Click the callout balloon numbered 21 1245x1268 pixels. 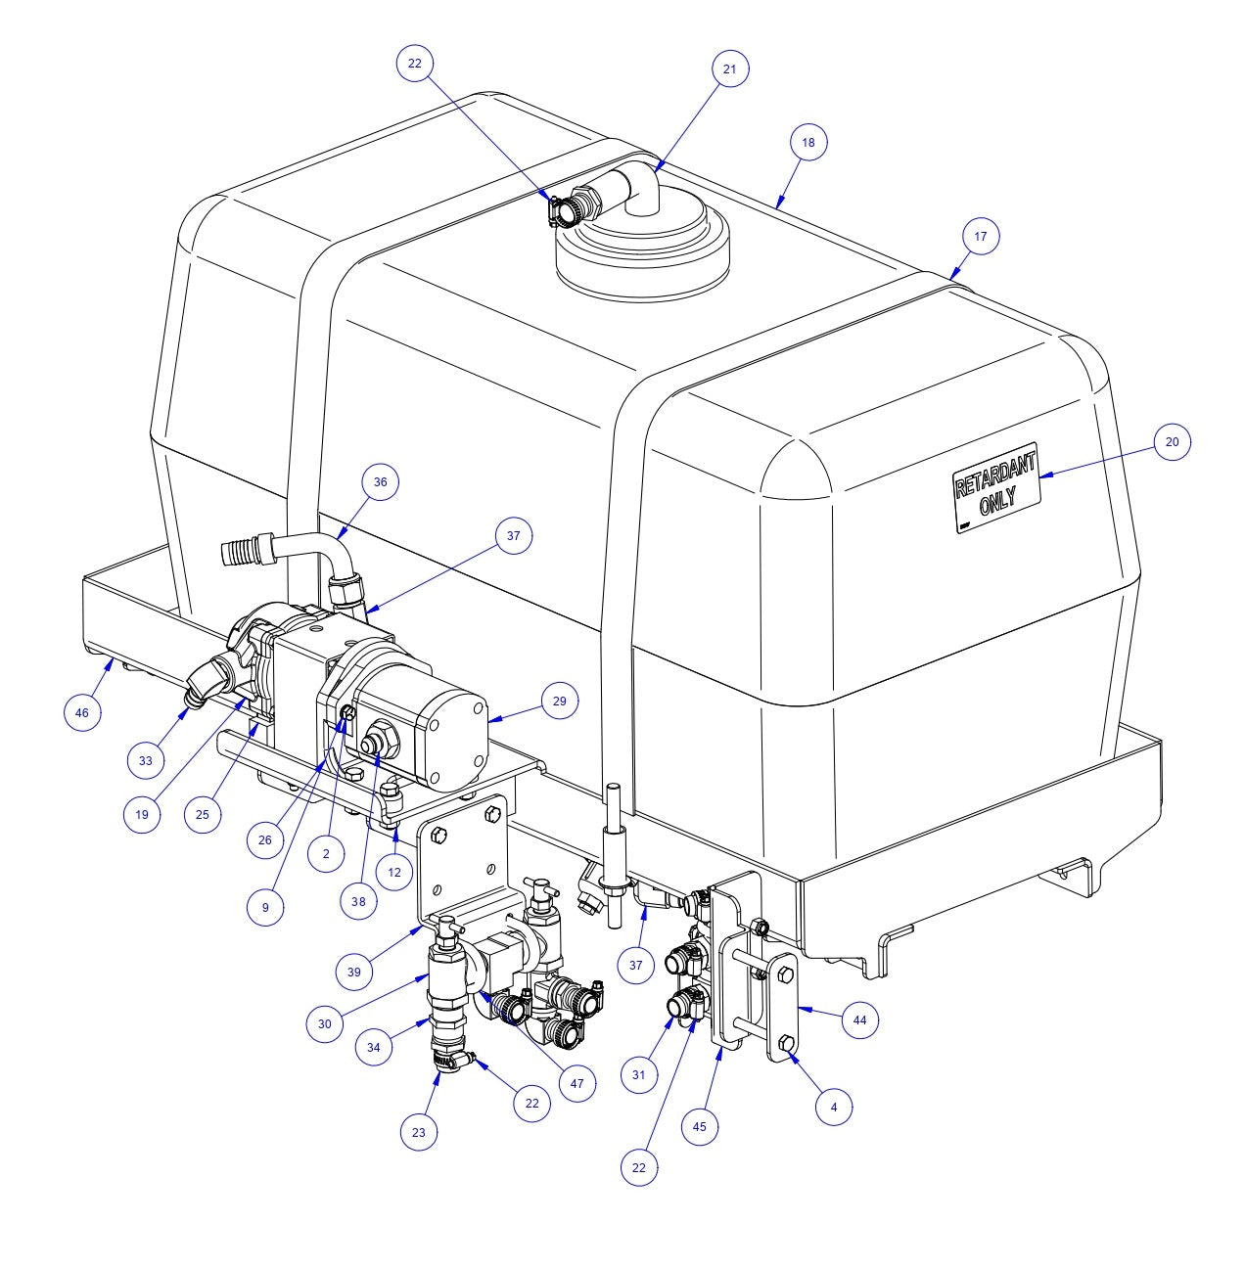pyautogui.click(x=729, y=68)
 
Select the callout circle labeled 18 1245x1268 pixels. pyautogui.click(x=807, y=143)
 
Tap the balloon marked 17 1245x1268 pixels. pyautogui.click(x=981, y=236)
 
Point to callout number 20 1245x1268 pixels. pyautogui.click(x=1172, y=441)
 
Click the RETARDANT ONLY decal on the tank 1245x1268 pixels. pyautogui.click(x=995, y=487)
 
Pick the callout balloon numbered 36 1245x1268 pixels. pyautogui.click(x=381, y=482)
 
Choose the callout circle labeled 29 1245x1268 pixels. pyautogui.click(x=559, y=701)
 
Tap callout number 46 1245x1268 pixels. pyautogui.click(x=82, y=712)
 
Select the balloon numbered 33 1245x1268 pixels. pyautogui.click(x=146, y=760)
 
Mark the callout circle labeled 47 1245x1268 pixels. pyautogui.click(x=576, y=1083)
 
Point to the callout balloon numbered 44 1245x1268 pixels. pyautogui.click(x=859, y=1020)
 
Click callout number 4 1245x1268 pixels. pyautogui.click(x=834, y=1108)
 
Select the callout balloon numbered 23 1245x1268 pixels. pyautogui.click(x=419, y=1132)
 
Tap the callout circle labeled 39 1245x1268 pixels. pyautogui.click(x=354, y=972)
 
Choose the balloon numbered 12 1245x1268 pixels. pyautogui.click(x=394, y=871)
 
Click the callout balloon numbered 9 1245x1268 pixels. pyautogui.click(x=265, y=907)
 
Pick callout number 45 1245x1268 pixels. pyautogui.click(x=700, y=1126)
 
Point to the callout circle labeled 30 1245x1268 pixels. pyautogui.click(x=325, y=1023)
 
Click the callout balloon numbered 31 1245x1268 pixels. pyautogui.click(x=639, y=1075)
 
